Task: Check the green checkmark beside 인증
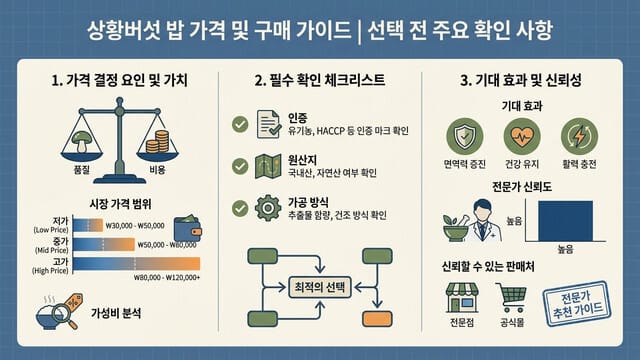(240, 124)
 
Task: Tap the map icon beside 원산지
(270, 166)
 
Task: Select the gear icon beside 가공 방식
(270, 208)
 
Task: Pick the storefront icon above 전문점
(461, 298)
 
